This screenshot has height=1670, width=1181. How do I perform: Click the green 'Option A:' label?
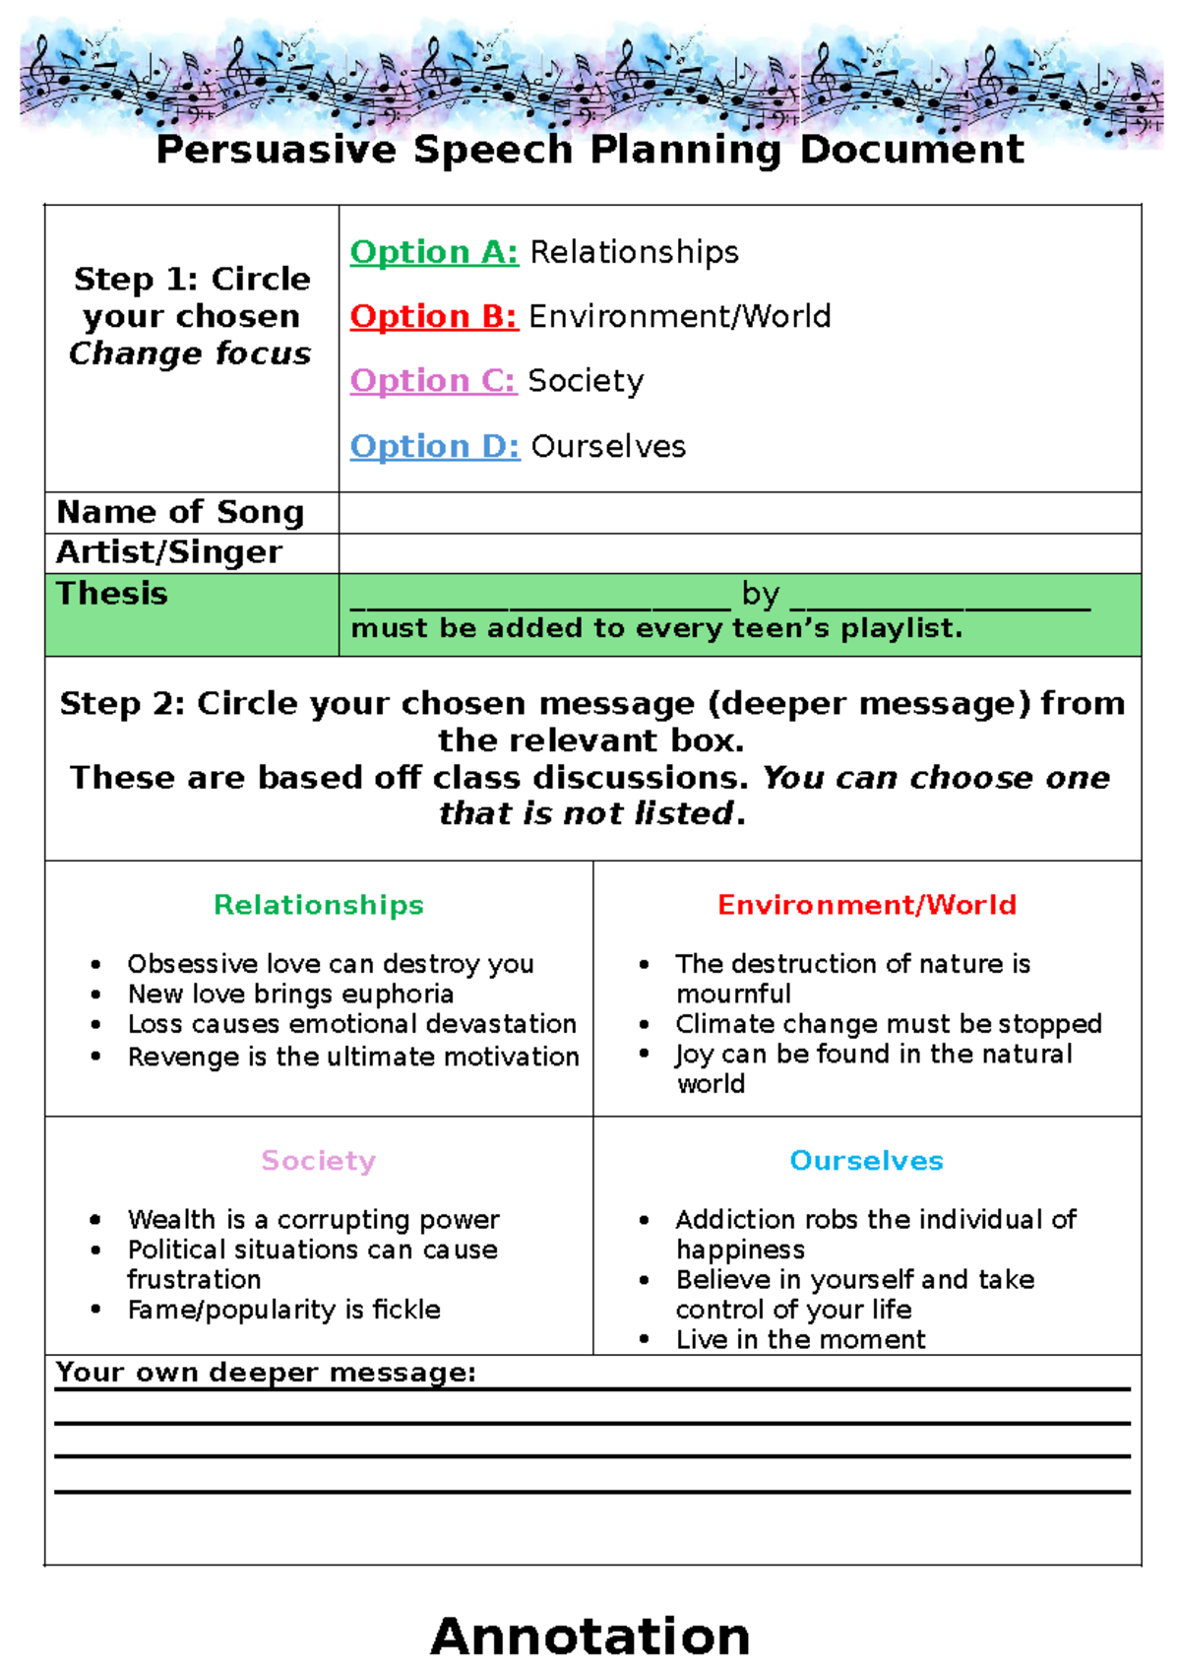[x=434, y=252]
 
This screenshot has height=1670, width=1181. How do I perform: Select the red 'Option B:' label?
[x=433, y=316]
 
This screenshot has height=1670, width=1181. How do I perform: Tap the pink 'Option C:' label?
[x=432, y=380]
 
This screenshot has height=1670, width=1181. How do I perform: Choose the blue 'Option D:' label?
[x=434, y=446]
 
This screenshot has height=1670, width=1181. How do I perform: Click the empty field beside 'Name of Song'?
[x=739, y=513]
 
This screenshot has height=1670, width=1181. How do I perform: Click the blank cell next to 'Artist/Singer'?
[x=739, y=553]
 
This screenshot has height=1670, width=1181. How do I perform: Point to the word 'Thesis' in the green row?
[x=112, y=594]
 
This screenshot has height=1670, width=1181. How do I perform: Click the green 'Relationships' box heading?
[x=319, y=905]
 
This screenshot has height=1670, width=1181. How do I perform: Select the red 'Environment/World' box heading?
[x=867, y=905]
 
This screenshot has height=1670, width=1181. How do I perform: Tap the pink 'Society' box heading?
[x=319, y=1161]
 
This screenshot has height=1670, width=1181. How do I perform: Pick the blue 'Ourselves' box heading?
[x=867, y=1161]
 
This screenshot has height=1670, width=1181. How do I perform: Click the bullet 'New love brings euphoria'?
[x=290, y=994]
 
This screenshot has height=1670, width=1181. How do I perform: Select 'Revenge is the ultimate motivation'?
[x=353, y=1057]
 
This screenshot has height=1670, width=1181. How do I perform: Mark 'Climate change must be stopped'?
[x=888, y=1024]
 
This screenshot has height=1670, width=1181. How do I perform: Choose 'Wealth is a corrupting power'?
[x=313, y=1219]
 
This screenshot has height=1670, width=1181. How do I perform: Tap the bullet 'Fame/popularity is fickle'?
[x=283, y=1310]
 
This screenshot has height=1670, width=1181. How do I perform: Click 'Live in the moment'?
[x=800, y=1339]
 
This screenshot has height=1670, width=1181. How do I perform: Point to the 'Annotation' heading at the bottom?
[x=590, y=1636]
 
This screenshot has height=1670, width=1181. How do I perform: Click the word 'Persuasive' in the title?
[x=277, y=150]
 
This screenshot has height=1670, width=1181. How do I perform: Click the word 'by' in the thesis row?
[x=761, y=594]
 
